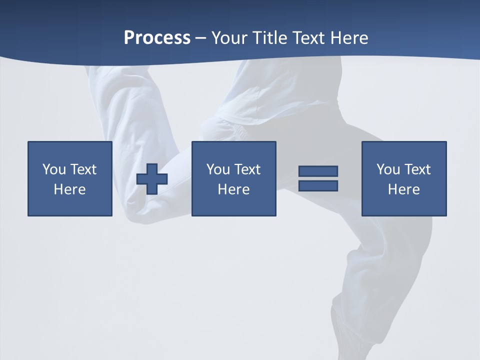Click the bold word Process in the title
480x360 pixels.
click(157, 38)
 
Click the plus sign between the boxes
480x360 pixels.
click(152, 179)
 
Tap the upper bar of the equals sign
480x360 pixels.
click(318, 171)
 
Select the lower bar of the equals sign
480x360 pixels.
click(318, 185)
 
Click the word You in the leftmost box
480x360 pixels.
click(54, 169)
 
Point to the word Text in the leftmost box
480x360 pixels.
click(82, 169)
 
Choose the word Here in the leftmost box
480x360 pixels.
click(69, 189)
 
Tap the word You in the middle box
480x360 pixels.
click(218, 169)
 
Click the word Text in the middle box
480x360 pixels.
click(246, 169)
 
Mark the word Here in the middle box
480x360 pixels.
click(233, 189)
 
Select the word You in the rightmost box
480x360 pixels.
click(388, 169)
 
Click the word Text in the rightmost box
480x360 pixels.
click(416, 169)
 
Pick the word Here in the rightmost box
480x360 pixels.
click(403, 189)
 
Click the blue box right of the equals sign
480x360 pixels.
click(403, 205)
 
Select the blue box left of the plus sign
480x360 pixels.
click(69, 205)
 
